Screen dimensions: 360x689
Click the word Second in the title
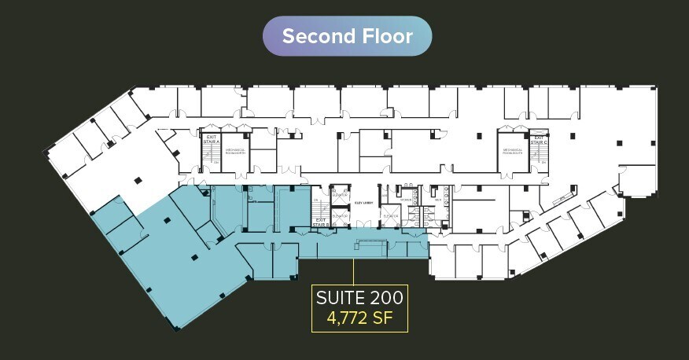coord(316,36)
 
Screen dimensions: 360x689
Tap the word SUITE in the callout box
coord(338,298)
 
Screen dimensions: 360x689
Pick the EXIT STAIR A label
coord(210,141)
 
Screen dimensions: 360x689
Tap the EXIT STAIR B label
coord(320,222)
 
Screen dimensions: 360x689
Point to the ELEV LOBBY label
coord(362,202)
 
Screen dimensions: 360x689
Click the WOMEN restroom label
coord(406,199)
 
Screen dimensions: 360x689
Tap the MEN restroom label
coord(437,199)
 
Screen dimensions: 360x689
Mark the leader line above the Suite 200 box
coord(353,271)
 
